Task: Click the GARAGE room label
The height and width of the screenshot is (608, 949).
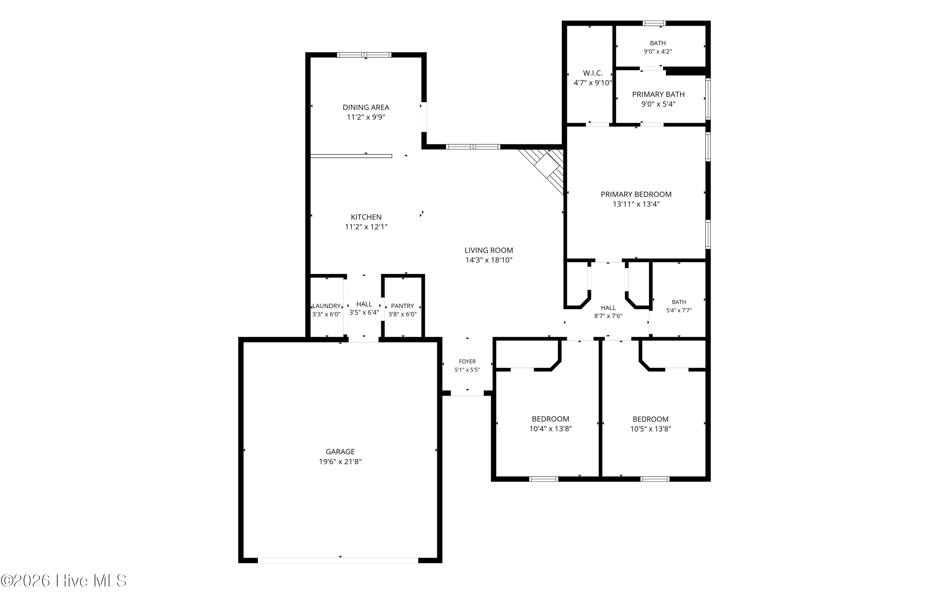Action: pyautogui.click(x=340, y=451)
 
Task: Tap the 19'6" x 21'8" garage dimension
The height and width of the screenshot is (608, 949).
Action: pyautogui.click(x=340, y=461)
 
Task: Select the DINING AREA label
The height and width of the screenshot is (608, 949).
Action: pyautogui.click(x=366, y=107)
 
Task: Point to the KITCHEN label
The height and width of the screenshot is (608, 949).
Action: pyautogui.click(x=366, y=217)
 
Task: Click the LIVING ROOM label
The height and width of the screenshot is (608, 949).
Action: pyautogui.click(x=489, y=250)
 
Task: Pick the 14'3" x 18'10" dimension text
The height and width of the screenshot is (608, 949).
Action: pyautogui.click(x=489, y=260)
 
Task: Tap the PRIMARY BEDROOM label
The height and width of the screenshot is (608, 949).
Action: pyautogui.click(x=636, y=194)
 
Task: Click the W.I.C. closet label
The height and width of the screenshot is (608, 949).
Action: pyautogui.click(x=592, y=73)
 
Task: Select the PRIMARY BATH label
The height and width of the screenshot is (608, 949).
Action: pyautogui.click(x=658, y=94)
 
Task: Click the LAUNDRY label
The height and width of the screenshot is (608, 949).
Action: pyautogui.click(x=326, y=306)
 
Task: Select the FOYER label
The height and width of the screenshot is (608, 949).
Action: pyautogui.click(x=468, y=362)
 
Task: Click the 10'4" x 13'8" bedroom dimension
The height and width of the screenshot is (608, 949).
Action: pyautogui.click(x=550, y=429)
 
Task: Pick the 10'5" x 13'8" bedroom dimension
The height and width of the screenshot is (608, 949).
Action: pyautogui.click(x=650, y=429)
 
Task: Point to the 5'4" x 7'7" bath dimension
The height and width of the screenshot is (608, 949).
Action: pyautogui.click(x=679, y=311)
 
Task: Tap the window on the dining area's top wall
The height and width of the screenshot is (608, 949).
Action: pyautogui.click(x=364, y=55)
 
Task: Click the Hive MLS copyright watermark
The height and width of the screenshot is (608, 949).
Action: pyautogui.click(x=64, y=581)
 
